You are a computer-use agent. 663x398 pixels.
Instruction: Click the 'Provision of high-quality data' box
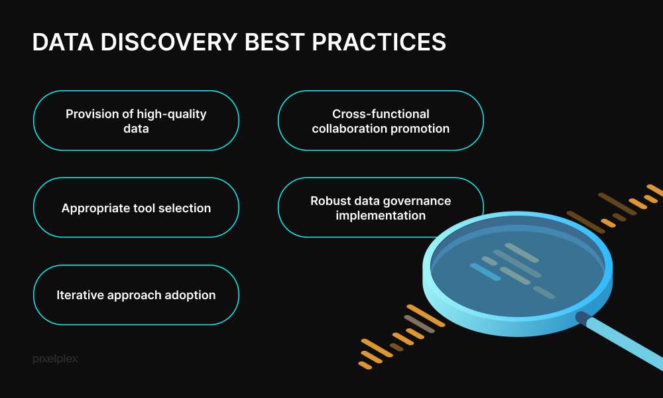point(136,121)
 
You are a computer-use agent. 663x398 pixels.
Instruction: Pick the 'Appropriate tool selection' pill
point(136,208)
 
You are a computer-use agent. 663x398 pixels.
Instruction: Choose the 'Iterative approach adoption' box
point(136,295)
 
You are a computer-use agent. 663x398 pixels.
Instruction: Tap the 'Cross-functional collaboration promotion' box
point(381,121)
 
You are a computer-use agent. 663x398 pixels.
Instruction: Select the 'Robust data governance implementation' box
point(381,208)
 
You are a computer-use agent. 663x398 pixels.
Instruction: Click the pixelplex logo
point(55,359)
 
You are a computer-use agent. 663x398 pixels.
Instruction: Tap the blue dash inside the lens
point(485,271)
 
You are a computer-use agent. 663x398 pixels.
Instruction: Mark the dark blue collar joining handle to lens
point(583,318)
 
